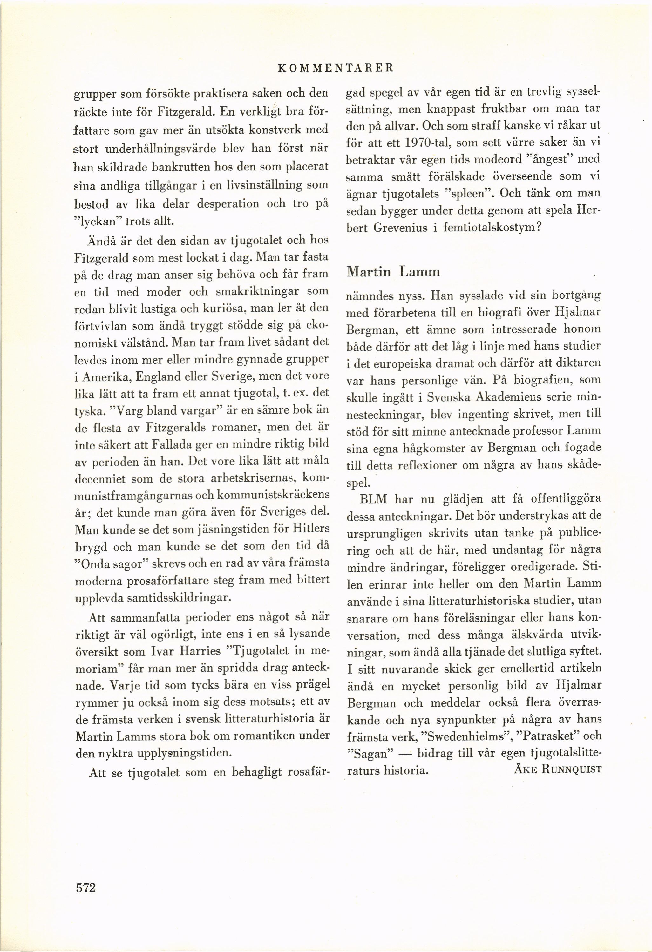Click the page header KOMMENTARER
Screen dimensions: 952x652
[x=336, y=69]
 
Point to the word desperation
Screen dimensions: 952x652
[x=228, y=203]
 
